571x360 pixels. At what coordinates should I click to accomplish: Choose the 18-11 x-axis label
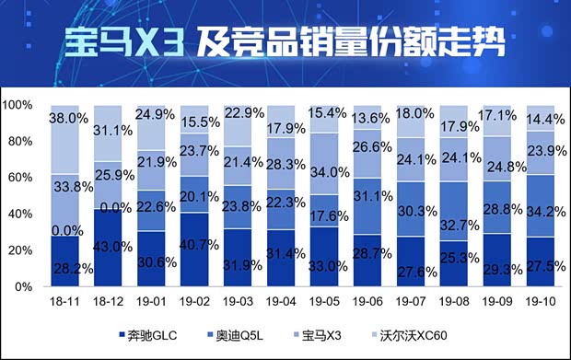tap(64, 301)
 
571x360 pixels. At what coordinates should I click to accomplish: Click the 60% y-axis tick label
tap(20, 178)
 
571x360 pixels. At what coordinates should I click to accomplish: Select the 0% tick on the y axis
tap(24, 287)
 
